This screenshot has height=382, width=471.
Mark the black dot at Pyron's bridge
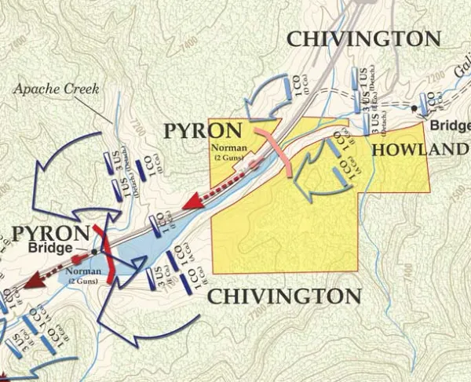tap(93, 252)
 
